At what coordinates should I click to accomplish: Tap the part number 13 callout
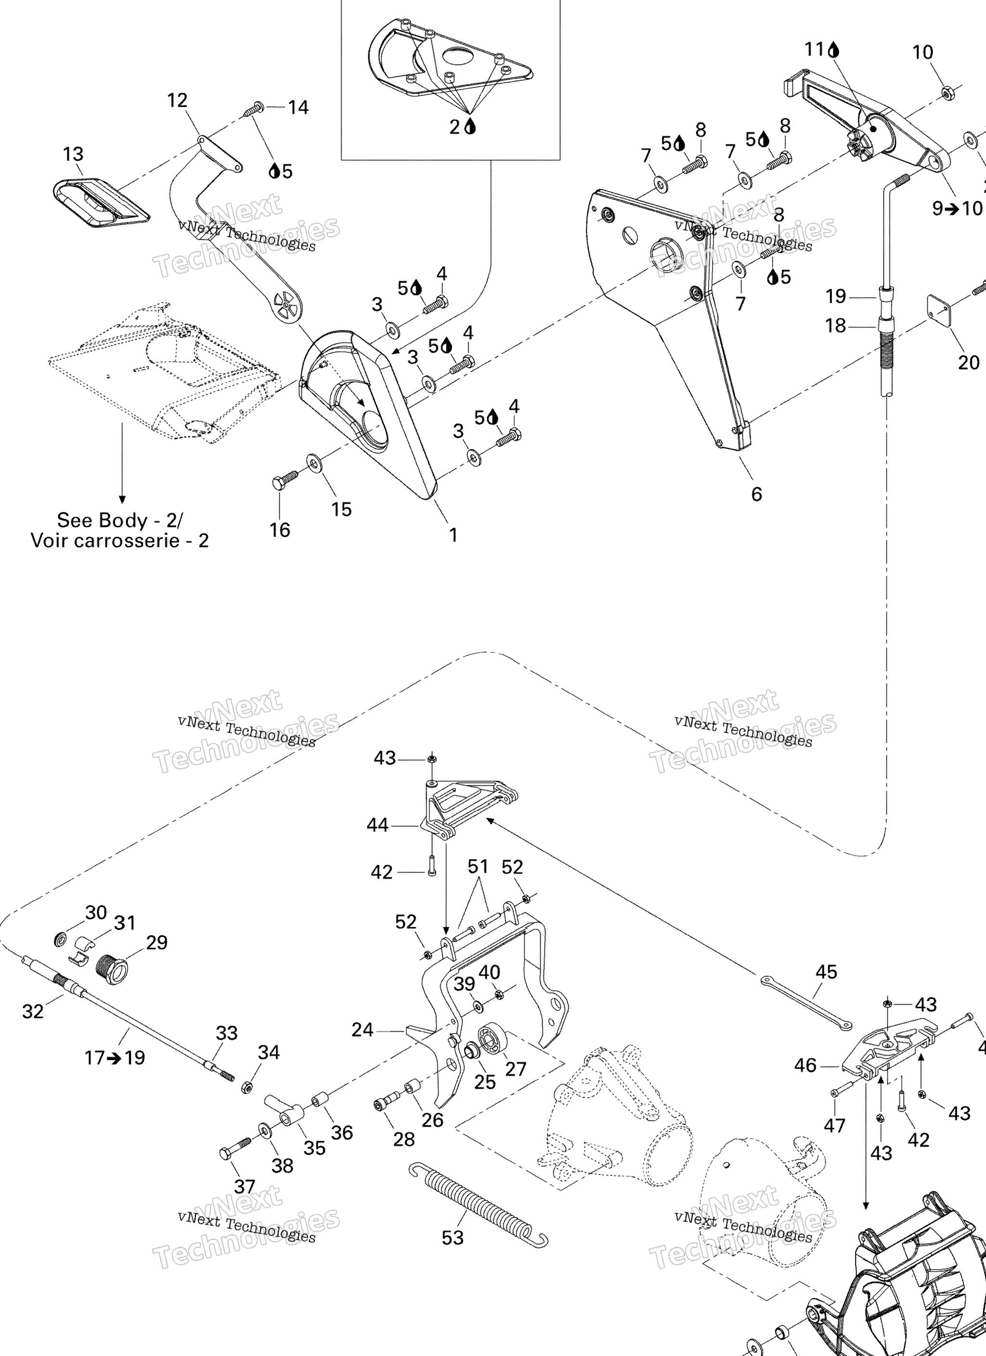coord(73,154)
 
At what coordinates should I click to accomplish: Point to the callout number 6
coord(756,494)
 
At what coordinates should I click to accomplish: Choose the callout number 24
coord(363,1030)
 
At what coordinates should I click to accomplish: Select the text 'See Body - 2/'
coord(119,520)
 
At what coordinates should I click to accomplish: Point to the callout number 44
coord(377,826)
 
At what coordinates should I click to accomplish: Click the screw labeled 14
coord(254,109)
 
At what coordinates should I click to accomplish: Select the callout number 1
coord(453,535)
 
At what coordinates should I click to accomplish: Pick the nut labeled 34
coord(245,1086)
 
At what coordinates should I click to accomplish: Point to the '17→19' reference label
coord(115,1057)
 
